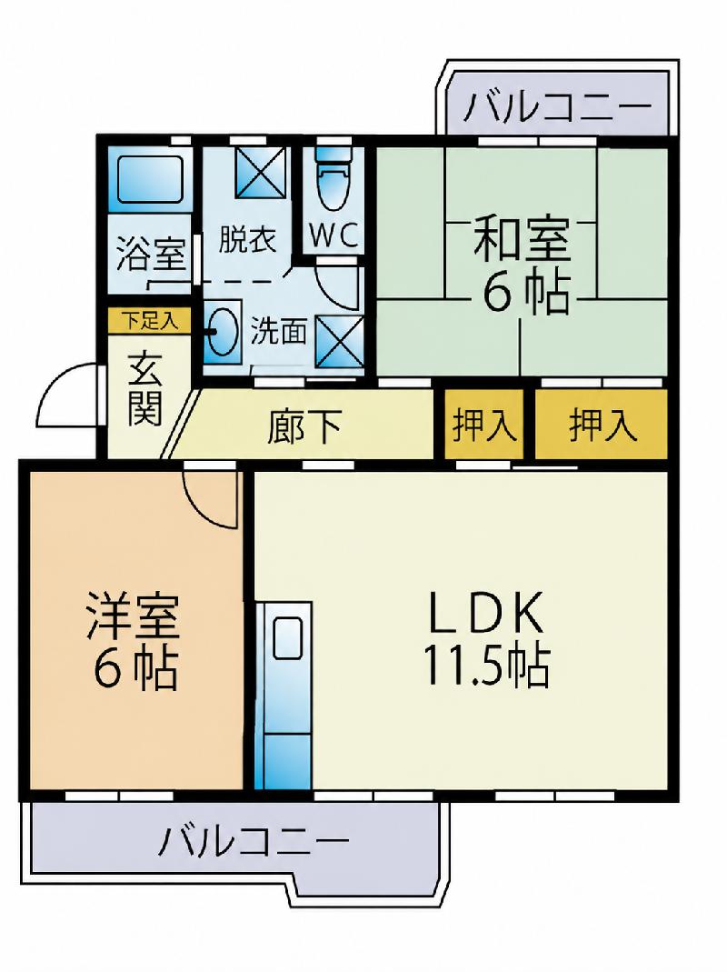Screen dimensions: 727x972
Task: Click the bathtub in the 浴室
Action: click(150, 178)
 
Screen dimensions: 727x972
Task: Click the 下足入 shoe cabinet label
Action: click(150, 320)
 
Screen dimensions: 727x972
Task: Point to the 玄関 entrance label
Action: click(145, 391)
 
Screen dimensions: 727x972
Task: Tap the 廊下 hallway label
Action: click(304, 426)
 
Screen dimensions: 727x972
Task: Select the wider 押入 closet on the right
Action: click(602, 425)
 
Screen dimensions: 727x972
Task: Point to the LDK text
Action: click(486, 613)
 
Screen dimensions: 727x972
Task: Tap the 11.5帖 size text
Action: click(486, 667)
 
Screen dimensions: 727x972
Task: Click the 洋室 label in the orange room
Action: click(134, 616)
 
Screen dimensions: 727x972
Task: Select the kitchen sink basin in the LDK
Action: click(287, 638)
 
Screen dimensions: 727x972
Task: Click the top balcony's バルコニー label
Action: click(558, 106)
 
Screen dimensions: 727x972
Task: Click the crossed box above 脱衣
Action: click(261, 173)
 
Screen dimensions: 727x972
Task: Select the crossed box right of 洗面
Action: click(339, 340)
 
